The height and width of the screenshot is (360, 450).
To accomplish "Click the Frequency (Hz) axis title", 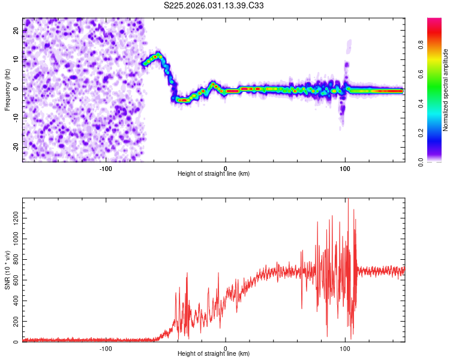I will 7,89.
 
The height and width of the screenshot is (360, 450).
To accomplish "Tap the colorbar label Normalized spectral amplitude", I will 446,90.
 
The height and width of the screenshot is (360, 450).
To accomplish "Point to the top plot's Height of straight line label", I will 214,173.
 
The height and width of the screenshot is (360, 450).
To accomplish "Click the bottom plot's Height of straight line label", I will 214,353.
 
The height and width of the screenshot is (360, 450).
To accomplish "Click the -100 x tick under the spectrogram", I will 106,168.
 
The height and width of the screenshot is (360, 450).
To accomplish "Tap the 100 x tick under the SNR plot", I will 345,348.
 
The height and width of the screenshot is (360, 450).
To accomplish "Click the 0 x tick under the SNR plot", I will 226,348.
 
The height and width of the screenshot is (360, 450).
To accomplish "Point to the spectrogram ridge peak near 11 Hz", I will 157,56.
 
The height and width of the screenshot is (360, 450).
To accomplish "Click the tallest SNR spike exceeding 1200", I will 349,200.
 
